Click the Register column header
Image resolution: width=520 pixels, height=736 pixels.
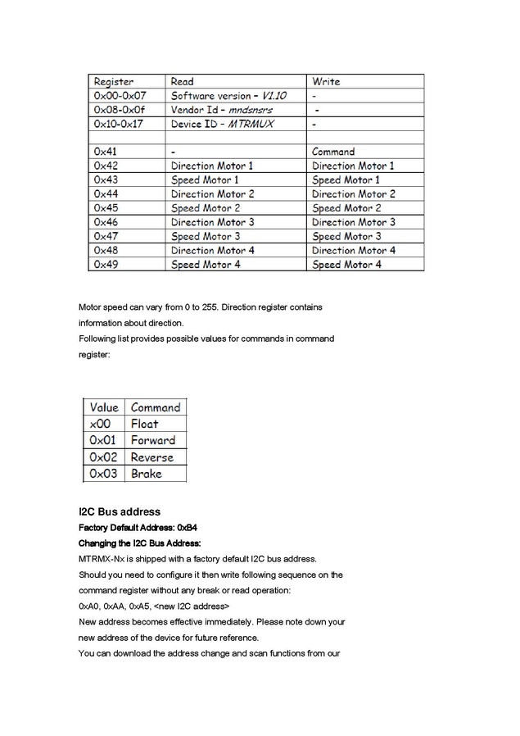point(114,82)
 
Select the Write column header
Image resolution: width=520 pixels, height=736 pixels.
point(326,82)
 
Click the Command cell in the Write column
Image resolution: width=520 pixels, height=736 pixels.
point(333,152)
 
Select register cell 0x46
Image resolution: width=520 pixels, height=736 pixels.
point(106,222)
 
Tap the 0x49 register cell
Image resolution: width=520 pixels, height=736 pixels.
point(106,265)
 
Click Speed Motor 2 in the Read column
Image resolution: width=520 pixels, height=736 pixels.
point(205,208)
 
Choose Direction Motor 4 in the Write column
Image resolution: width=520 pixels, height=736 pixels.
point(354,250)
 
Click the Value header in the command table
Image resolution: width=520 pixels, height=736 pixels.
point(104,407)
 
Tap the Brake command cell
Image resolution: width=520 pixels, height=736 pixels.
point(147,474)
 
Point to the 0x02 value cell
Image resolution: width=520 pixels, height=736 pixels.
point(104,457)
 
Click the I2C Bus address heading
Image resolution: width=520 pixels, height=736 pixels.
point(119,512)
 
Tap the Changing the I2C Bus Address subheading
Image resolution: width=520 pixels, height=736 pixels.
point(139,543)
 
